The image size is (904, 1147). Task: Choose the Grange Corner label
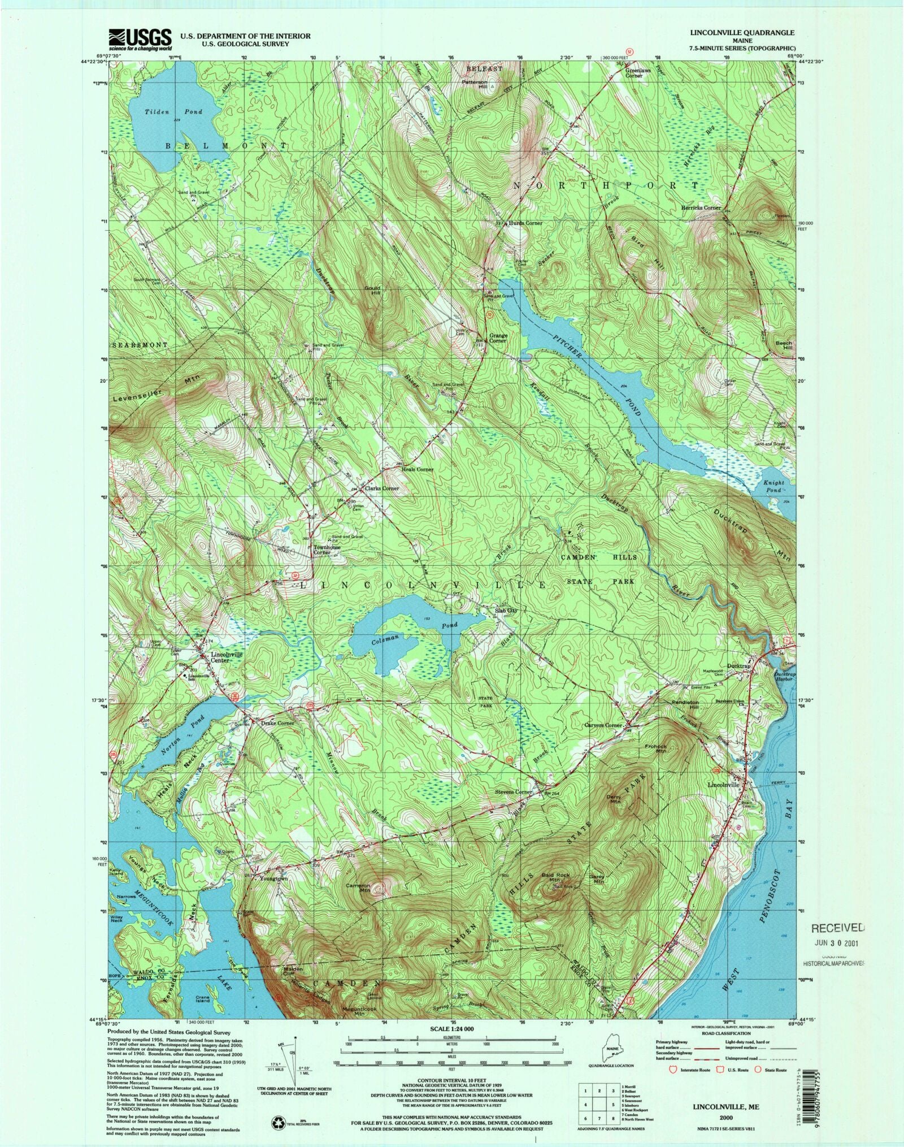[x=498, y=338]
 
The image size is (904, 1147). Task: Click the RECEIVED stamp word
[x=838, y=928]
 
